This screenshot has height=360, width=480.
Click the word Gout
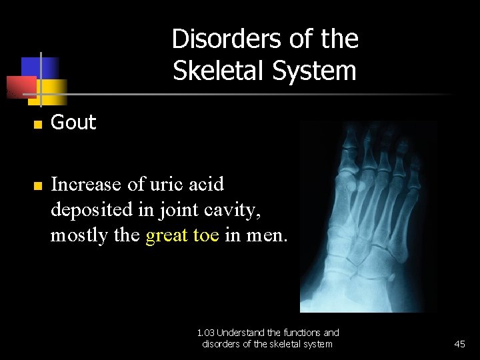coord(73,123)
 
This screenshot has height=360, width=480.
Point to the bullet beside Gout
coord(38,124)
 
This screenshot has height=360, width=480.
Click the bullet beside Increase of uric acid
coord(38,185)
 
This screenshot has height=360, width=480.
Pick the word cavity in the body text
coord(230,210)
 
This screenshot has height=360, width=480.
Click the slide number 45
coord(459,344)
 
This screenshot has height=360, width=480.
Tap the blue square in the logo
coord(40,67)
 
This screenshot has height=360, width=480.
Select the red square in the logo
coord(20,87)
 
